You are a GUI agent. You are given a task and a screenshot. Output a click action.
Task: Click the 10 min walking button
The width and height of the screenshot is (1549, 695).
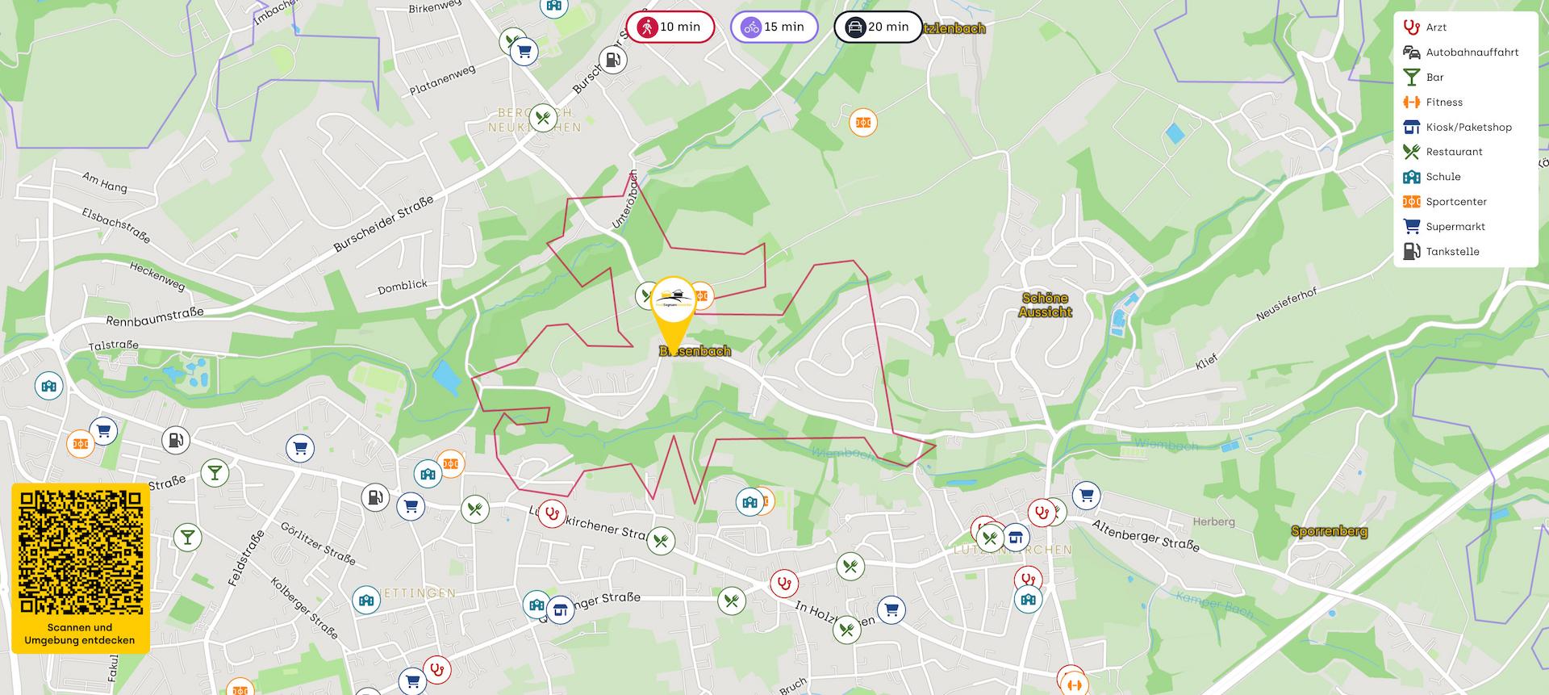[670, 27]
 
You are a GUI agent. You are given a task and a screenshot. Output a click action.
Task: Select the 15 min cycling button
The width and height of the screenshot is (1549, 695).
[774, 27]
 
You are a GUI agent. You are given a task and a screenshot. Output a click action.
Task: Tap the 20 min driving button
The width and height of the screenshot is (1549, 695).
[878, 27]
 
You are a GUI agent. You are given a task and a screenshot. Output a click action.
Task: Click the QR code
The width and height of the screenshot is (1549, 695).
[80, 551]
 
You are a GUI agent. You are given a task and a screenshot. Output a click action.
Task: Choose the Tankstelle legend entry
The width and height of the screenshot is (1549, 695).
[1451, 251]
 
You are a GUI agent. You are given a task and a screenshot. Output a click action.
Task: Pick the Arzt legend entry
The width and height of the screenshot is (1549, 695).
[1435, 27]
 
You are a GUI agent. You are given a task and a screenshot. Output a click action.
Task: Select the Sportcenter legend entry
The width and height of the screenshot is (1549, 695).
[1455, 201]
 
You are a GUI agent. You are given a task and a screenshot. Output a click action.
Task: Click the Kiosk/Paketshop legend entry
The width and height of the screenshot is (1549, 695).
[1468, 127]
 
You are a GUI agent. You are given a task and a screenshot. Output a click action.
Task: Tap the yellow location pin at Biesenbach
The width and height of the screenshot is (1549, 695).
[673, 311]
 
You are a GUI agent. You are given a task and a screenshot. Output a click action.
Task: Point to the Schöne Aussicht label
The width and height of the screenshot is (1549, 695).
[1045, 304]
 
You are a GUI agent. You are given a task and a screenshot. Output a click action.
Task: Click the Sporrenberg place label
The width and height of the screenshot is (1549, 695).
[1329, 531]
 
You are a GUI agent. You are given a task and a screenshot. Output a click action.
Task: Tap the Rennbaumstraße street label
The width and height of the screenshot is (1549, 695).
[155, 316]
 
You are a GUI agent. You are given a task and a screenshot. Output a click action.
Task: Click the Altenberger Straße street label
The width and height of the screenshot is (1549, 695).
[1145, 535]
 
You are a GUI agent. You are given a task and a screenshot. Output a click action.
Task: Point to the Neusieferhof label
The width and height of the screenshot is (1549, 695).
[1286, 304]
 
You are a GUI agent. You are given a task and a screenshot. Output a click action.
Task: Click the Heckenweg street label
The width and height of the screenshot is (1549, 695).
[157, 276]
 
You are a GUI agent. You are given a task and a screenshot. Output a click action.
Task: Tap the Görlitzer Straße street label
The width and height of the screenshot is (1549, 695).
[317, 543]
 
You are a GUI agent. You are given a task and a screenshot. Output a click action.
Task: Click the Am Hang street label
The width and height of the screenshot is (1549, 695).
[105, 181]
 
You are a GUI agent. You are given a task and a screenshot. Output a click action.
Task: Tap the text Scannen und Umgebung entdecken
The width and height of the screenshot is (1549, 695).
[80, 634]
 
